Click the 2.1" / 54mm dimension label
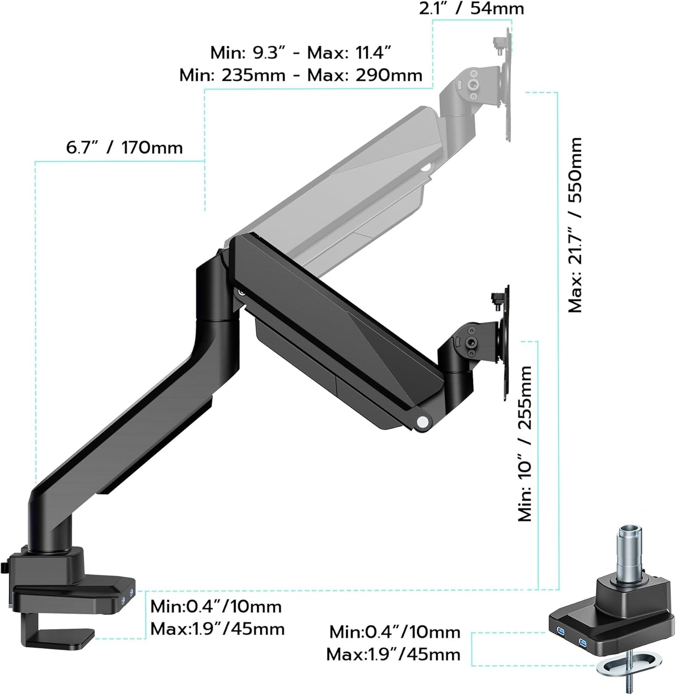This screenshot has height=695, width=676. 471,8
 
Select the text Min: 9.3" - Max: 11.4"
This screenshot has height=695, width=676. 300,52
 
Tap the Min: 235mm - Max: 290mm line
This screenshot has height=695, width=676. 300,75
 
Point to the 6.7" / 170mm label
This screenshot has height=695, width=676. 124,148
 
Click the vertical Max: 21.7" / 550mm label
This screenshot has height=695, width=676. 575,225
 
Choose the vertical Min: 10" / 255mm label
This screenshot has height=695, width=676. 525,444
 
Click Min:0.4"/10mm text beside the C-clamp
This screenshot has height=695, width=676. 216,606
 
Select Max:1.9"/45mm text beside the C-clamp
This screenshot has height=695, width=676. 217,628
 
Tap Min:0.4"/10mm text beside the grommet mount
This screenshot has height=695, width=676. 394,632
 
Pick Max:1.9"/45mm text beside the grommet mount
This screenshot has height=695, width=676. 393,654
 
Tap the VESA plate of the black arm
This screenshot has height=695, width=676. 505,344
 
